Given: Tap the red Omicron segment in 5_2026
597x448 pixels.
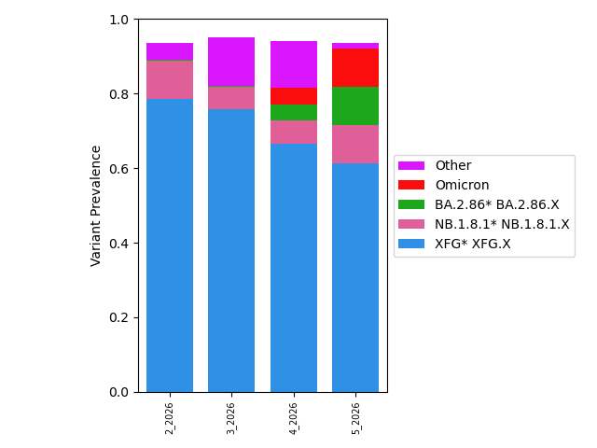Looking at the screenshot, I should click(355, 67).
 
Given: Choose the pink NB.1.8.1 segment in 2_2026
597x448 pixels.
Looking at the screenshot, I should click(170, 79).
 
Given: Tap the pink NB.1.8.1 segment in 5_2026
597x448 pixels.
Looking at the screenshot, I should click(355, 144).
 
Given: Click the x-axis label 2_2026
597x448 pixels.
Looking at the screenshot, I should click(170, 417).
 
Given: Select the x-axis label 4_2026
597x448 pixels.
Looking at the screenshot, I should click(294, 417).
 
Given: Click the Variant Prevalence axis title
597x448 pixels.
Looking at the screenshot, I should click(96, 205).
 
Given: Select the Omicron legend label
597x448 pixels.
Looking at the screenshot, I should click(462, 185).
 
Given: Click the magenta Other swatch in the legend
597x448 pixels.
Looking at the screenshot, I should click(411, 166).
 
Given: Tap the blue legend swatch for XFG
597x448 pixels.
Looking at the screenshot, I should click(411, 244).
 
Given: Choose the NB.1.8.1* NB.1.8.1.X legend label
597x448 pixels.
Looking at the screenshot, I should click(502, 224).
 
